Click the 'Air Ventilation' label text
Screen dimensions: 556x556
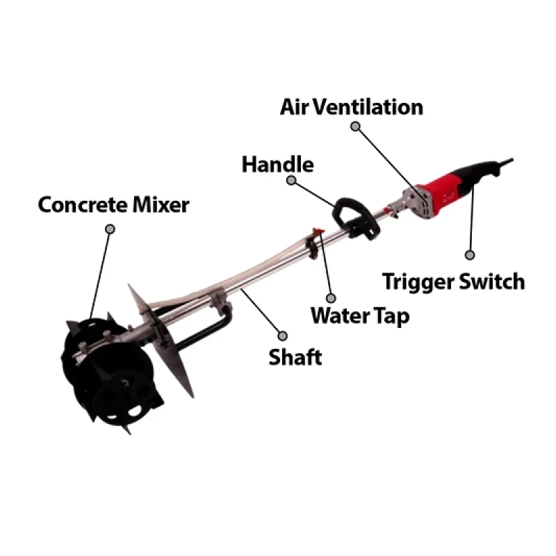tap(352, 107)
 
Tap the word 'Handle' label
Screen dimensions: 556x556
tap(277, 164)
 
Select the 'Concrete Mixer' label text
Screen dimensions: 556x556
tap(113, 204)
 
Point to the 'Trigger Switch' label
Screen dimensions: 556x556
tap(454, 282)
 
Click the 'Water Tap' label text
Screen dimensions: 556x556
tap(360, 316)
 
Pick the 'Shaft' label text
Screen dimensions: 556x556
tap(295, 357)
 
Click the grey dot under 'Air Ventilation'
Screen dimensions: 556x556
tap(355, 126)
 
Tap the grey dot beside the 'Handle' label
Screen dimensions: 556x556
tap(291, 180)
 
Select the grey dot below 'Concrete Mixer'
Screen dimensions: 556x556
tap(111, 229)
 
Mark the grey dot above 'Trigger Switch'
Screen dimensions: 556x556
tap(470, 255)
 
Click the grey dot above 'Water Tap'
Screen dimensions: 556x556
tap(331, 298)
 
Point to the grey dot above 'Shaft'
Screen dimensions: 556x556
tap(283, 336)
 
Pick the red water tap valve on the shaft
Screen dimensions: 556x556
tap(317, 231)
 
